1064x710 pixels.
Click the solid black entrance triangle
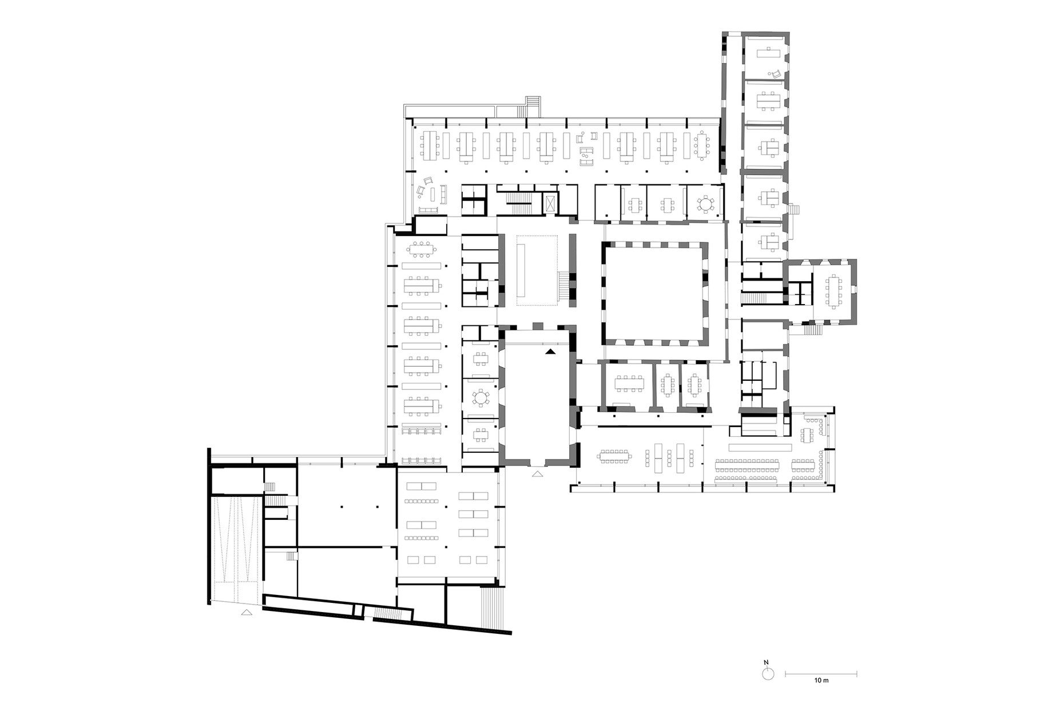point(550,352)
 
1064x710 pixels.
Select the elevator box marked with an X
point(550,203)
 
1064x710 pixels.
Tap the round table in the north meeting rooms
point(706,203)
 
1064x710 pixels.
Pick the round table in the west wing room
point(481,397)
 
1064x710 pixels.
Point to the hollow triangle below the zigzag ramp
point(247,612)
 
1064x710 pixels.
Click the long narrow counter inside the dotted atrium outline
point(522,268)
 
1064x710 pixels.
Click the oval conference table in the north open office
point(701,148)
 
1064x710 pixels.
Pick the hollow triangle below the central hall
point(537,474)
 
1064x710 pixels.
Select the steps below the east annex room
point(812,329)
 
